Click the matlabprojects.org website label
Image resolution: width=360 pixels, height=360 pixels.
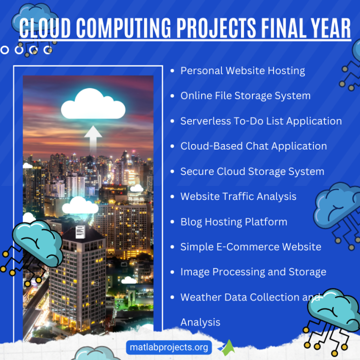[x=168, y=347]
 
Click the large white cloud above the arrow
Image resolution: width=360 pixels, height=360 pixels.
[x=93, y=103]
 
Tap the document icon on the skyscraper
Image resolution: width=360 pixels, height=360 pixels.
[x=80, y=232]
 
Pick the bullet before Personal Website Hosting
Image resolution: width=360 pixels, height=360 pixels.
[x=172, y=71]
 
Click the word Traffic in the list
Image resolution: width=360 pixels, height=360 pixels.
[x=235, y=196]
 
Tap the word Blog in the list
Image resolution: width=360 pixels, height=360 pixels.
[x=191, y=221]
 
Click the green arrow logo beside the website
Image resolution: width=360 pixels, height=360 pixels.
[x=227, y=347]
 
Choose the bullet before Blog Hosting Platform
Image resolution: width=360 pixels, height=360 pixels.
[x=172, y=221]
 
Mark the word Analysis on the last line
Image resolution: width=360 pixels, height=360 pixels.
[x=200, y=322]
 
